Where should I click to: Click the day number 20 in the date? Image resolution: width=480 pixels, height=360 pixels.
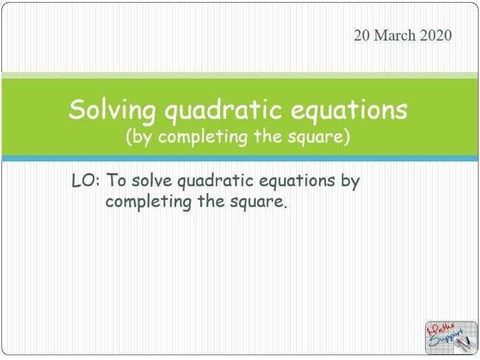tap(362, 36)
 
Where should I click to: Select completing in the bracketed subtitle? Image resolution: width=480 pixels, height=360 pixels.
tap(203, 137)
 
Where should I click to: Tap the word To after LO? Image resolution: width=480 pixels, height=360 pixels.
tap(117, 181)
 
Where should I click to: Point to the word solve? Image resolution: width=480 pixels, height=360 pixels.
tap(153, 181)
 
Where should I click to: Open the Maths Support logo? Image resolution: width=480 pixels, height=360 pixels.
tap(448, 337)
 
